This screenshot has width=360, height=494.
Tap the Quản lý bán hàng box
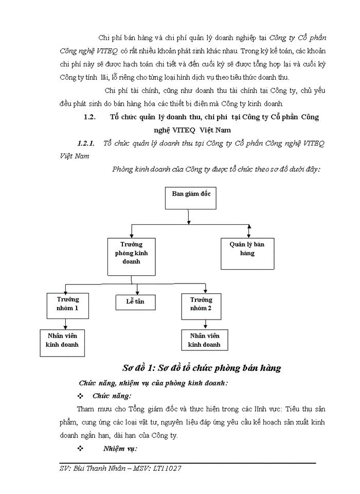(247, 253)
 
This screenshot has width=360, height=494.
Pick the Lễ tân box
(135, 302)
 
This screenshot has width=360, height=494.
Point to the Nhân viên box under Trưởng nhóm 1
(62, 342)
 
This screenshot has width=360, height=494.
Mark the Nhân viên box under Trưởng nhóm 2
(204, 340)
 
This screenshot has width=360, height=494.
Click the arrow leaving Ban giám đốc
(189, 218)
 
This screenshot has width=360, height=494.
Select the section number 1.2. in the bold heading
(90, 117)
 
